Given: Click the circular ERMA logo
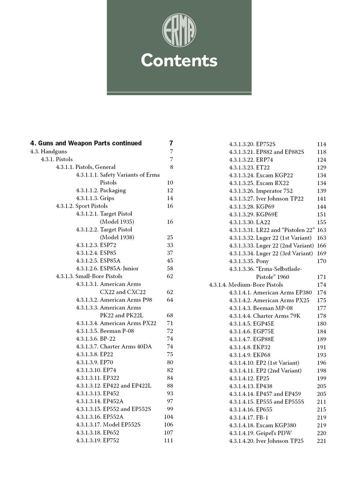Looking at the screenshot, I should coord(179,30).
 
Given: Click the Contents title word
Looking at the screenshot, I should coord(179,61).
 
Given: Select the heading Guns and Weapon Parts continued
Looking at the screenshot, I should coord(86,143).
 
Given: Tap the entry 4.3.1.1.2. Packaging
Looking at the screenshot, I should coord(101,191).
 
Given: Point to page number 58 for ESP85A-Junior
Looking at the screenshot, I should coord(170,269).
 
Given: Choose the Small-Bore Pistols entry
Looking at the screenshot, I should coord(89,276).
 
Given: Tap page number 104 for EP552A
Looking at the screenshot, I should coord(168,417).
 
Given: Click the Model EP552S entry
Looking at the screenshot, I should coord(108,425).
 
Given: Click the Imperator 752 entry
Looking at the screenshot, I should coord(261,191).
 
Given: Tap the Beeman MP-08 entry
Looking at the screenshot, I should coord(260,308).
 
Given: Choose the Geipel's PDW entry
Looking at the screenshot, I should coord(260,433).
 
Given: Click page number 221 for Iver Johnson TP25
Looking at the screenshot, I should coord(321,441).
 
